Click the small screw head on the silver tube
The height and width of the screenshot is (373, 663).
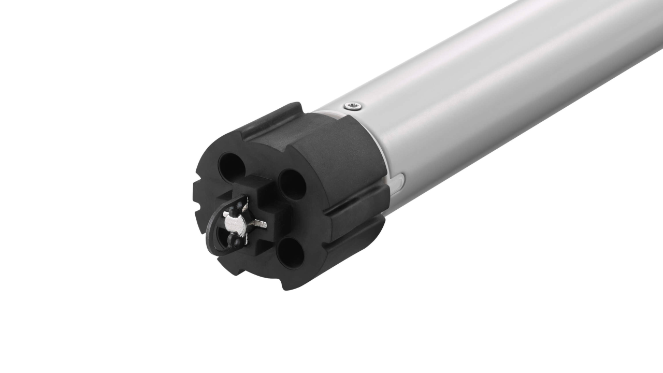(354, 106)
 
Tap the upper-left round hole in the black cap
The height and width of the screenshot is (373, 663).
(232, 166)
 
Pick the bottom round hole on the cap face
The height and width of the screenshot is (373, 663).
(291, 253)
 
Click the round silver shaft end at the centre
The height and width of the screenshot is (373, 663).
(236, 224)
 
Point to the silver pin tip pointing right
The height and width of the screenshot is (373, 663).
(261, 224)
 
